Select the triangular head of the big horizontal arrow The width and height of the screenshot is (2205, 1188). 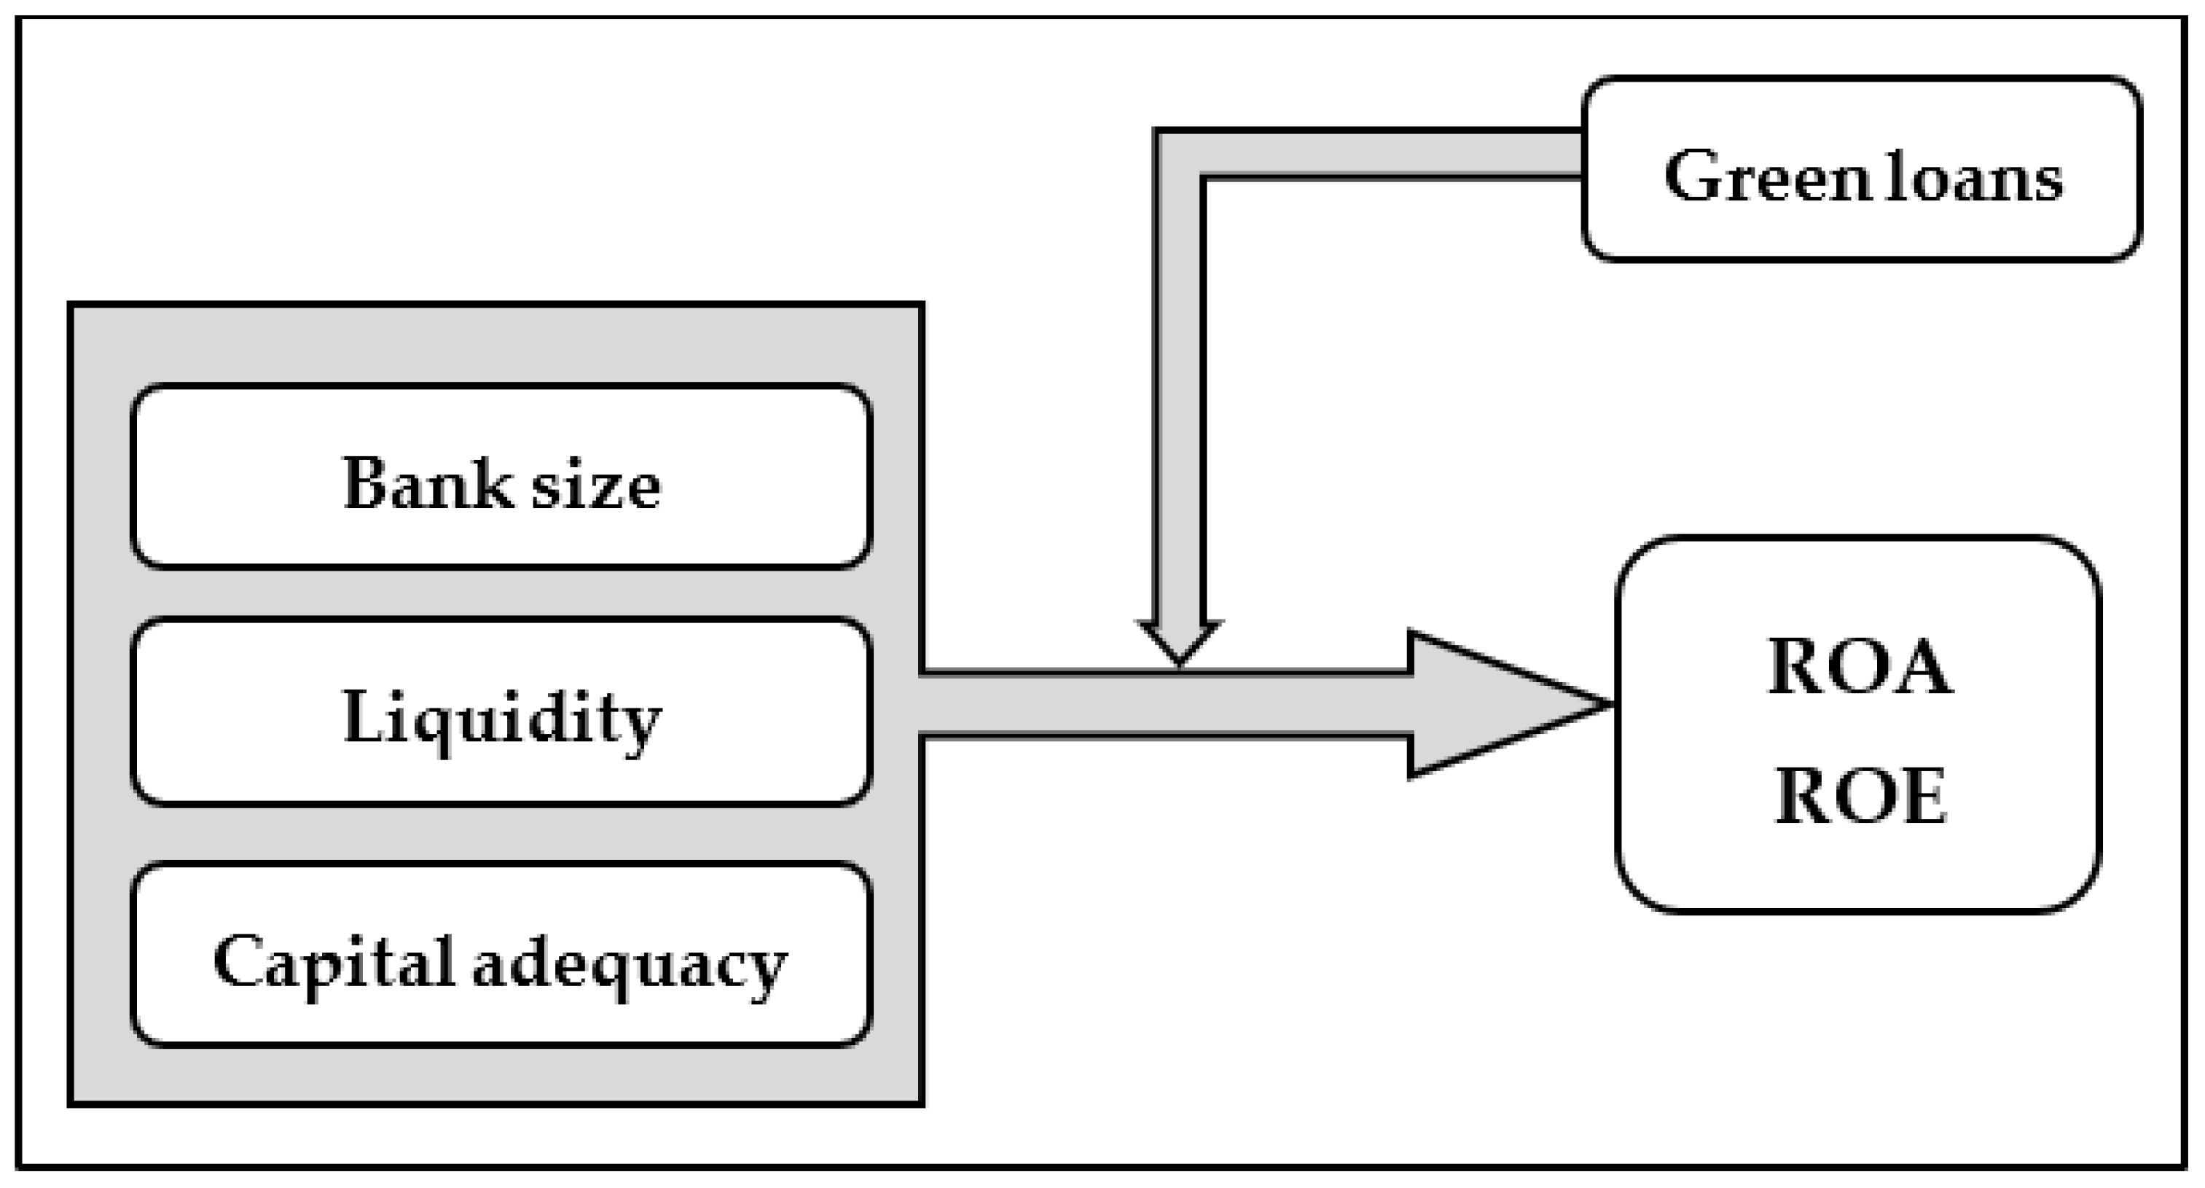(x=1489, y=704)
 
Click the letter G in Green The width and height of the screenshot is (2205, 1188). (x=1691, y=176)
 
